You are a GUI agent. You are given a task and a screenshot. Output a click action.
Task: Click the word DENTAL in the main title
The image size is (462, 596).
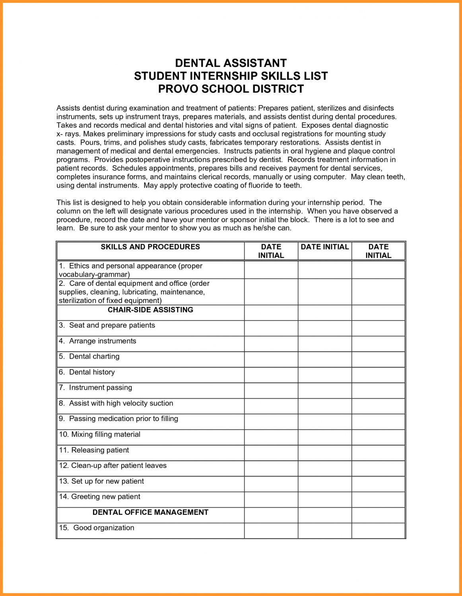(x=197, y=63)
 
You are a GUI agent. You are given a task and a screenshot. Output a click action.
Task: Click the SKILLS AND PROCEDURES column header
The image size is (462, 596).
(x=150, y=247)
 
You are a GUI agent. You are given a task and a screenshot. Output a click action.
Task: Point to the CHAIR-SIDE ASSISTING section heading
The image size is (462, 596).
(x=150, y=310)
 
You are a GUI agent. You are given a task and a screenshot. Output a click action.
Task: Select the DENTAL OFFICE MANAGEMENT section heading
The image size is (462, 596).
(x=150, y=512)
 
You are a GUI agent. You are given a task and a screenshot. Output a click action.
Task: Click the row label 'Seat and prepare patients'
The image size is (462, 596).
(x=112, y=325)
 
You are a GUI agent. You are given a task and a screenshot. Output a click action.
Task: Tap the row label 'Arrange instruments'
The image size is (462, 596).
(x=102, y=341)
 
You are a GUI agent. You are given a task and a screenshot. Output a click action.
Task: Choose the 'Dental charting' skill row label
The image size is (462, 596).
(x=94, y=356)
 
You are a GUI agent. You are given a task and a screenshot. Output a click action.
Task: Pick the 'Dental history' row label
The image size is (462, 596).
(x=92, y=372)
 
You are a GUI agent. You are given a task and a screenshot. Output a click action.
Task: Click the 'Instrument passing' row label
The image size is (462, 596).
(x=100, y=388)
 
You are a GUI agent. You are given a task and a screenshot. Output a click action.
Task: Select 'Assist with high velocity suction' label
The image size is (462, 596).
(x=121, y=403)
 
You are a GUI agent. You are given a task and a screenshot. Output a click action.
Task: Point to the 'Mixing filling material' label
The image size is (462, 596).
(x=105, y=435)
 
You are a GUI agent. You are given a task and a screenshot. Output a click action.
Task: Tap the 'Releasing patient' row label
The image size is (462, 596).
(x=100, y=450)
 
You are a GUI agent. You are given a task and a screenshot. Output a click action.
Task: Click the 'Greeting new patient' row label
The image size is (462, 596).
(x=105, y=497)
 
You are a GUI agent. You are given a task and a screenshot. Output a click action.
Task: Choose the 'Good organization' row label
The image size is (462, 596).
(x=103, y=528)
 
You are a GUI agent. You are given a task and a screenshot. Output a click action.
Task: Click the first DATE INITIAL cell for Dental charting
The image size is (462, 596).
(x=271, y=359)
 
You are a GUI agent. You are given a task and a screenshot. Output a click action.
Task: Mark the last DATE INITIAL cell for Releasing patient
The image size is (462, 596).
(x=378, y=453)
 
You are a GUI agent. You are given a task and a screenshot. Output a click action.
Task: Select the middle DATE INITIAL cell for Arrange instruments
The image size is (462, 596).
(x=325, y=344)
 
